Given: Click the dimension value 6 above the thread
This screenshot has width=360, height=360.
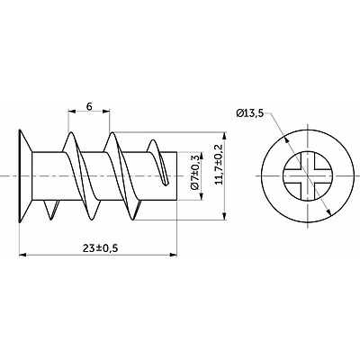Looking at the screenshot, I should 89,105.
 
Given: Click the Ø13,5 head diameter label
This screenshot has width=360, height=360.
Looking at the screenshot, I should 251,114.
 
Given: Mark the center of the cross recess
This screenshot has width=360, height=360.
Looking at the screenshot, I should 304,175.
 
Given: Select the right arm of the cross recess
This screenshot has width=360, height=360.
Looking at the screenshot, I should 320,175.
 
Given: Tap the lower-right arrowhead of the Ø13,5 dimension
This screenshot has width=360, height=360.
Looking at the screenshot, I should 326,209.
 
